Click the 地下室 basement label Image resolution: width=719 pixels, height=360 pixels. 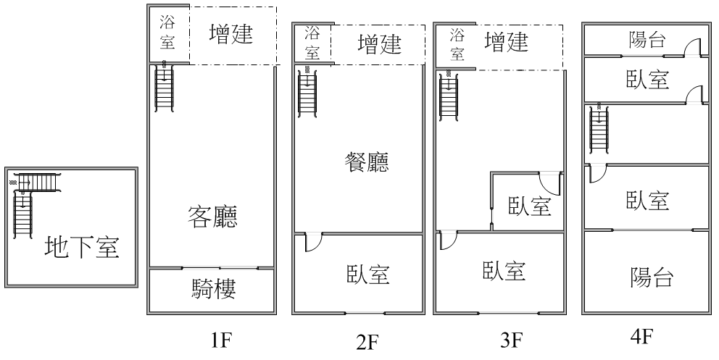click(x=81, y=247)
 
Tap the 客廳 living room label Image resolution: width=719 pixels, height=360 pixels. click(x=212, y=217)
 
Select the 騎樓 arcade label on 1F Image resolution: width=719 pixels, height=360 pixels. click(x=212, y=290)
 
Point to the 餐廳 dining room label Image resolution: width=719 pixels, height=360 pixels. click(x=366, y=163)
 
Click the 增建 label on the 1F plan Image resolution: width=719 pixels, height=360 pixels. click(x=231, y=34)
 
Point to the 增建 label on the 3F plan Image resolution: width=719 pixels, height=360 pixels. click(x=507, y=43)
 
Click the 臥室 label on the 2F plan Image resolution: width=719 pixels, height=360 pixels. click(x=366, y=275)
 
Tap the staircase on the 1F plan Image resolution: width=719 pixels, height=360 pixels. click(x=165, y=85)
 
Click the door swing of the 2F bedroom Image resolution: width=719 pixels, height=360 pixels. click(x=313, y=242)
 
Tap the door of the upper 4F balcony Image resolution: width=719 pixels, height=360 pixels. click(x=694, y=47)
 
